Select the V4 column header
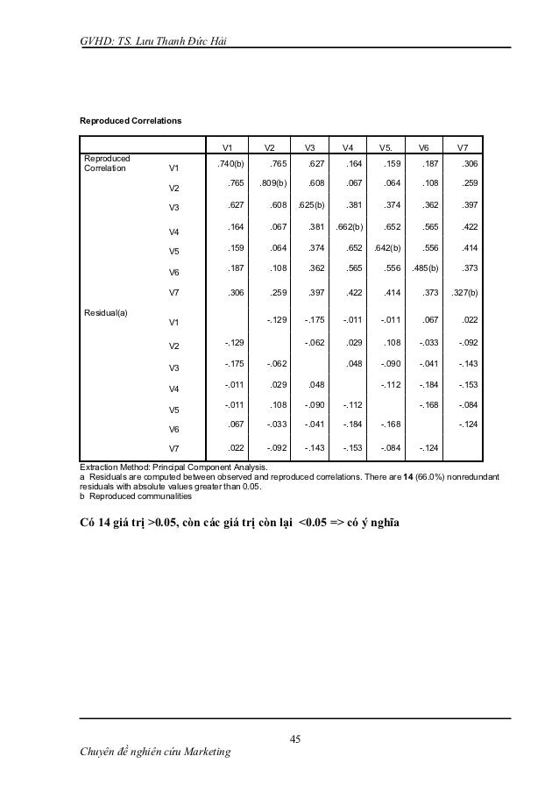(x=348, y=147)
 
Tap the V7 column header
(x=463, y=147)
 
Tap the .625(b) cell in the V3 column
(x=312, y=207)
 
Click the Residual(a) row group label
(x=106, y=311)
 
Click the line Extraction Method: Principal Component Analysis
(x=173, y=466)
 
